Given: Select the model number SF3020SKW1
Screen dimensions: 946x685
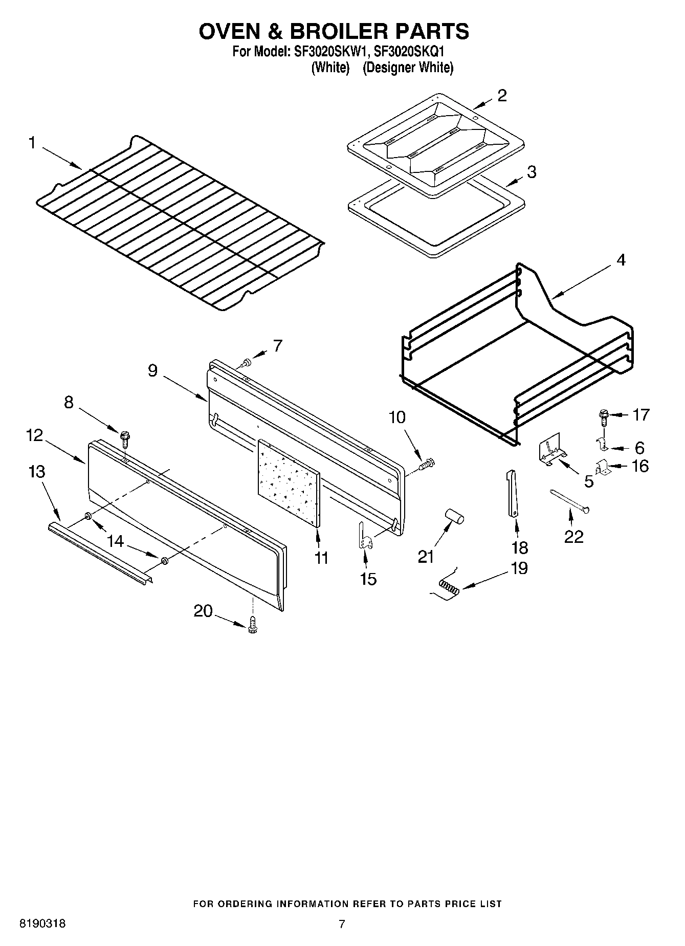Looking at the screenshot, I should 330,52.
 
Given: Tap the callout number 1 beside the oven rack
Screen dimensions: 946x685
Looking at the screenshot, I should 32,143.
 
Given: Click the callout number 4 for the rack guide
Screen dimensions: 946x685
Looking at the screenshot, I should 621,260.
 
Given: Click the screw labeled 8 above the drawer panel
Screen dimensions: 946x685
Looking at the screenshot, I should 124,438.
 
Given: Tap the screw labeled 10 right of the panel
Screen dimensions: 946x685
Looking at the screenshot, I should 427,465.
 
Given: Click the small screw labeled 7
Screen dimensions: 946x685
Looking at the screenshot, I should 246,363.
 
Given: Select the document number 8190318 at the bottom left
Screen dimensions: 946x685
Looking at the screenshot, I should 42,924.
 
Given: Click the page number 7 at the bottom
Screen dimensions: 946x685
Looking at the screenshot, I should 342,924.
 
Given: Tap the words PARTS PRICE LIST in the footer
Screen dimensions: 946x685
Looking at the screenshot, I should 455,904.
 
